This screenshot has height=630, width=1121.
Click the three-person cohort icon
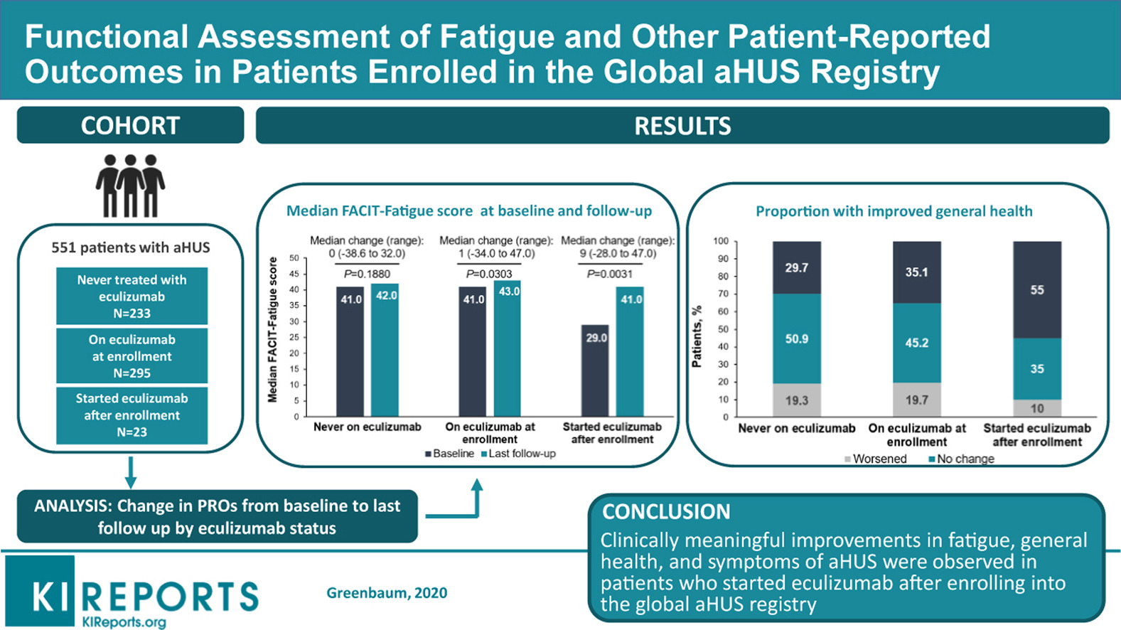click(x=130, y=186)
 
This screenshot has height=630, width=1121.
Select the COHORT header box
click(x=130, y=126)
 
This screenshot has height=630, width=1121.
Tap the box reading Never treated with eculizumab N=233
click(x=132, y=296)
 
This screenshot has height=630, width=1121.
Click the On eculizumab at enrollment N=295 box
click(x=132, y=356)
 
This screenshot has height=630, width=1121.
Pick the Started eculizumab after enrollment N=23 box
click(x=132, y=415)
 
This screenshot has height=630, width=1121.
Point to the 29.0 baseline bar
click(x=596, y=370)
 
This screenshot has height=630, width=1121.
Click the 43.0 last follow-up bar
click(x=508, y=348)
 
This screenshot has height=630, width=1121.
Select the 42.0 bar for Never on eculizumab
click(x=385, y=350)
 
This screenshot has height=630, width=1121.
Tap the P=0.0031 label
click(x=609, y=274)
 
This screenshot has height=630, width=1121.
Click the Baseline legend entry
click(x=450, y=454)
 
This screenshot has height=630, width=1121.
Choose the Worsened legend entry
click(x=876, y=459)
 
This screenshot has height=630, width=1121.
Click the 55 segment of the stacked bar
click(x=1037, y=289)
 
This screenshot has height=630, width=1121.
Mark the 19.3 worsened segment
click(x=796, y=400)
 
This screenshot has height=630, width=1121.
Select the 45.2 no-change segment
click(x=916, y=343)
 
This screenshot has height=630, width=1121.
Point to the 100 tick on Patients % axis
click(x=721, y=241)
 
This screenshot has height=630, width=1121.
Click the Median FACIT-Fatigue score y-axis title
click(x=272, y=330)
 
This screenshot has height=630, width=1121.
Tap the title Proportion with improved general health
click(x=894, y=211)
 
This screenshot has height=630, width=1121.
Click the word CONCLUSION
click(x=666, y=511)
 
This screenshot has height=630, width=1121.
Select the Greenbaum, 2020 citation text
click(x=387, y=593)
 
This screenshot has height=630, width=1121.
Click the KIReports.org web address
click(x=124, y=621)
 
